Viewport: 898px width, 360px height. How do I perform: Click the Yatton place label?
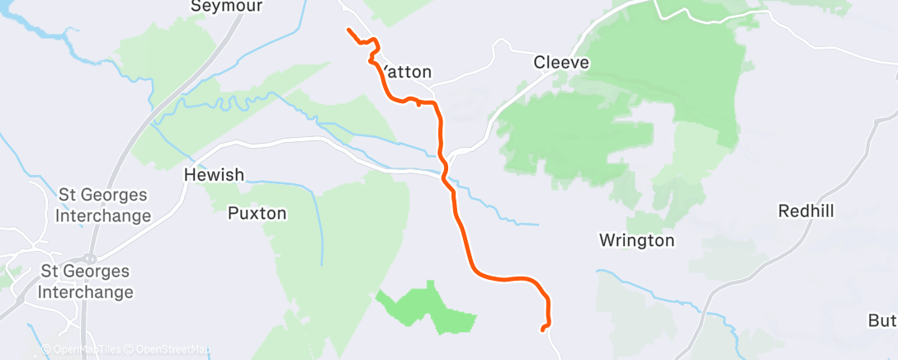407,73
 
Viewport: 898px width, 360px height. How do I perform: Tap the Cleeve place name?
560,62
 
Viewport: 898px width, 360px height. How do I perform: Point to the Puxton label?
257,214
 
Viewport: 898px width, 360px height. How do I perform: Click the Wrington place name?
636,241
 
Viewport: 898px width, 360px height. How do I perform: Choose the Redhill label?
806,211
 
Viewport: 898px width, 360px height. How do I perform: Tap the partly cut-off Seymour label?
215,7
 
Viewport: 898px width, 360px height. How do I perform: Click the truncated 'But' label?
882,320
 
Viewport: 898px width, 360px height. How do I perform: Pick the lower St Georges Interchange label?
86,282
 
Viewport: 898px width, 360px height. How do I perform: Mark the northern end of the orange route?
348,31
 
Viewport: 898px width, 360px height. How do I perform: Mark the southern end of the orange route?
542,329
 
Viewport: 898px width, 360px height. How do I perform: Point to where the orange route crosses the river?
446,174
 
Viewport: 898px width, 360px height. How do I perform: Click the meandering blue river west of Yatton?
223,104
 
